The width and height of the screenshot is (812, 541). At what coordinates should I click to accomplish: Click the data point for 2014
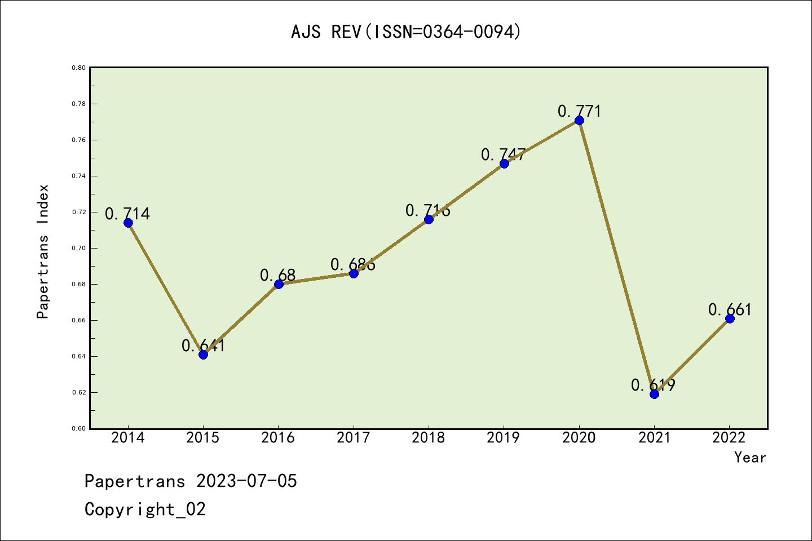pyautogui.click(x=128, y=223)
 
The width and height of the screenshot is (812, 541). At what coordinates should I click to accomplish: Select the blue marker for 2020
pyautogui.click(x=579, y=120)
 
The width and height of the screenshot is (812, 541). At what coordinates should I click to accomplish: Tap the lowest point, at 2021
pyautogui.click(x=654, y=394)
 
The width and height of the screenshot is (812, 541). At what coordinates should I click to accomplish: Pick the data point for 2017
pyautogui.click(x=354, y=273)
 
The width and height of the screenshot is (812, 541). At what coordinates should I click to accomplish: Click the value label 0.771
pyautogui.click(x=580, y=111)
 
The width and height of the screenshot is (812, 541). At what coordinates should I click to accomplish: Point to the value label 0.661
pyautogui.click(x=730, y=309)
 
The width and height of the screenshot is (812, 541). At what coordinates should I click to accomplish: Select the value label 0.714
pyautogui.click(x=127, y=214)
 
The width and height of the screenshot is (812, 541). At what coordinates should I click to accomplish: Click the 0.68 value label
pyautogui.click(x=277, y=275)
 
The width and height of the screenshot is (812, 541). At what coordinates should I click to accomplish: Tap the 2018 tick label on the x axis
pyautogui.click(x=429, y=438)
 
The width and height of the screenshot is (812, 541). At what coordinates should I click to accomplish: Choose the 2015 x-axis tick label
pyautogui.click(x=203, y=438)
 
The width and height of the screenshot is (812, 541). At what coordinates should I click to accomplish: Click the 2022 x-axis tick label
pyautogui.click(x=729, y=438)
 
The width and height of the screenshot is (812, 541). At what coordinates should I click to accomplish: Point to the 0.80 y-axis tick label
pyautogui.click(x=78, y=68)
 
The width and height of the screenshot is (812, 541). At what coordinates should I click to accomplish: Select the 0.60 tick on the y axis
pyautogui.click(x=78, y=428)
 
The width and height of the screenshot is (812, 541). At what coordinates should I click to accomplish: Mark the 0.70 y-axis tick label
pyautogui.click(x=78, y=248)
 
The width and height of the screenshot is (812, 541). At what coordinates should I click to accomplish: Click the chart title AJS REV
pyautogui.click(x=406, y=32)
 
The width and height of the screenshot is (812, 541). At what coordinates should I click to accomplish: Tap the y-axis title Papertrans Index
pyautogui.click(x=43, y=251)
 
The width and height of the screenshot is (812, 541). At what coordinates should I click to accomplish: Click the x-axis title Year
pyautogui.click(x=750, y=458)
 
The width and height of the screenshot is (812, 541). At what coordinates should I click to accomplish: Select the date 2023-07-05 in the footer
pyautogui.click(x=246, y=481)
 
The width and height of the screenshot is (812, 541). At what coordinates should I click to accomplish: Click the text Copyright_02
pyautogui.click(x=145, y=509)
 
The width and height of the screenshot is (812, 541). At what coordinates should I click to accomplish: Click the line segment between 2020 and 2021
pyautogui.click(x=616, y=257)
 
